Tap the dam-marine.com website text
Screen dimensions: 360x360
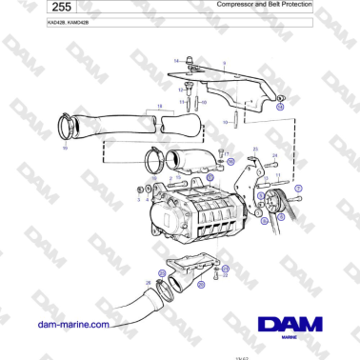click(72, 323)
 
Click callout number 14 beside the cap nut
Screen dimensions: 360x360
click(175, 61)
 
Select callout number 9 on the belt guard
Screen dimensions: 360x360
click(224, 63)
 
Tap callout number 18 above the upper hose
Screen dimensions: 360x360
click(160, 105)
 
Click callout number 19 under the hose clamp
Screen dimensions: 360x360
click(65, 150)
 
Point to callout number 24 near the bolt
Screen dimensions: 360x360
click(274, 154)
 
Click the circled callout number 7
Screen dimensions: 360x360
click(298, 190)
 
